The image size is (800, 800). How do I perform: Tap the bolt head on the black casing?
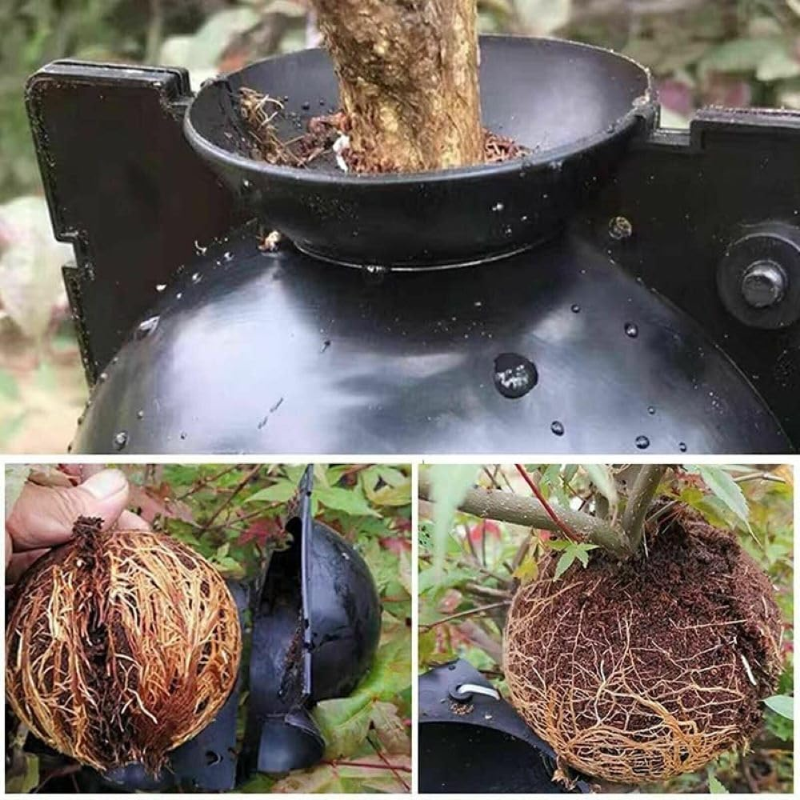tap(762, 283)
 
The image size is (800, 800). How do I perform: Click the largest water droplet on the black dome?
tap(514, 374)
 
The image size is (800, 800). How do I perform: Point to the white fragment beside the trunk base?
tap(342, 151)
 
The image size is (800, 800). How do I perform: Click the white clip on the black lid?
tap(478, 690)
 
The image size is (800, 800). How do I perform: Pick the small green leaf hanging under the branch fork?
tap(572, 556)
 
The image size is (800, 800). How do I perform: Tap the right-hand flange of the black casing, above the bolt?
tap(744, 160)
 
